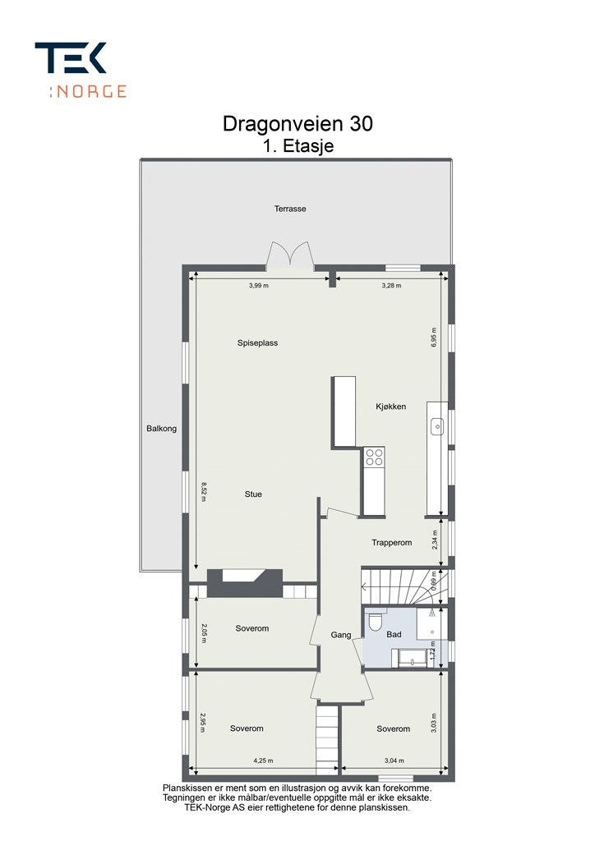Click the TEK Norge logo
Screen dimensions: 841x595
(80, 70)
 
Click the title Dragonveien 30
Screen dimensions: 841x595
(297, 123)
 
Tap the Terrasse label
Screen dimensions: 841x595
(290, 209)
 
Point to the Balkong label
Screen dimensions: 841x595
(160, 428)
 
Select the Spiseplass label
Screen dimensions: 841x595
(257, 342)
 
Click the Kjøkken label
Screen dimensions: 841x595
(390, 407)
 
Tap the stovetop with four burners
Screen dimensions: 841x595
(374, 456)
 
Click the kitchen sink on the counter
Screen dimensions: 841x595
(437, 425)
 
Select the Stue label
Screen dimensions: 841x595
(253, 494)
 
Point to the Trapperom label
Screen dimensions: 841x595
(391, 542)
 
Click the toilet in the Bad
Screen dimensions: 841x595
(376, 622)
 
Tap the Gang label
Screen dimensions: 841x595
(341, 635)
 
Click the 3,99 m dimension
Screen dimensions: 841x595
(259, 286)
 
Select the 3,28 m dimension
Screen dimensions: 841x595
(393, 286)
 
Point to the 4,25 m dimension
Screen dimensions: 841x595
(263, 761)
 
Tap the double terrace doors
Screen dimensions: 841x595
(290, 256)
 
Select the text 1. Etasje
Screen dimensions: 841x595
(297, 146)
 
